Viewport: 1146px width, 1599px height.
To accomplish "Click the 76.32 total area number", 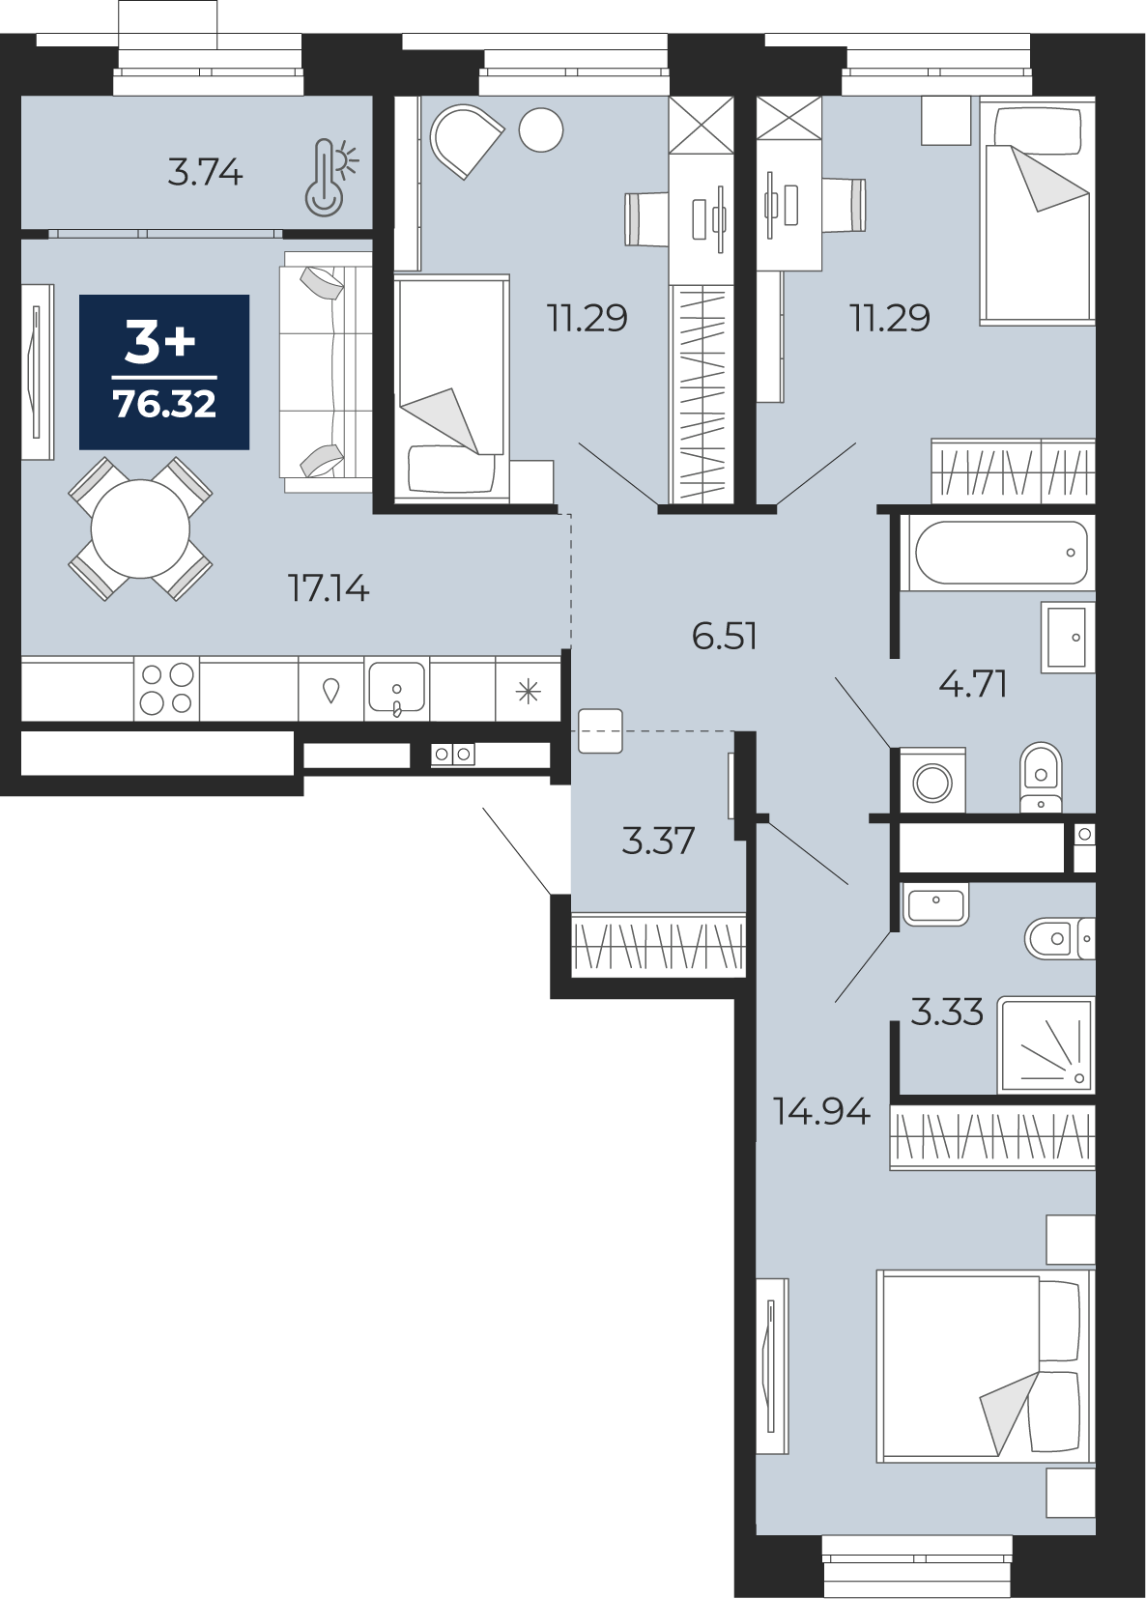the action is [x=164, y=405].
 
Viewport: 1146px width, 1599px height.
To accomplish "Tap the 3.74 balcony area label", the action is [x=206, y=173].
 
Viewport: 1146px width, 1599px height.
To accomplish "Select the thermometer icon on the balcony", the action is [x=330, y=177].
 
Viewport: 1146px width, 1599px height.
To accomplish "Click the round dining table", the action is [x=141, y=528].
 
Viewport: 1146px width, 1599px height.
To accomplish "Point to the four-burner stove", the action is [x=166, y=688].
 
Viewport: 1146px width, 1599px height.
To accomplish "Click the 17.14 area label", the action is [x=329, y=588].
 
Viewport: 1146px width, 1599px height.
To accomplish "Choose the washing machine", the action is [x=932, y=781].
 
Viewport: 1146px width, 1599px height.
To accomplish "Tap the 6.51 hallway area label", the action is [x=724, y=636].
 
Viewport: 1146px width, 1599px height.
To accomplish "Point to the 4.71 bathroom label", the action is [x=972, y=685].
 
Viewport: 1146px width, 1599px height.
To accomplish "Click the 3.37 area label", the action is [x=658, y=841].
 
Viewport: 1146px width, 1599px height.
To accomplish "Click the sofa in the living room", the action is [x=326, y=371].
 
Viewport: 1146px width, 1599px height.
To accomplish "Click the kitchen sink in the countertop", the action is [x=397, y=688].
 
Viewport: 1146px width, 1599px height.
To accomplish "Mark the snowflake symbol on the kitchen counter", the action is [x=529, y=691].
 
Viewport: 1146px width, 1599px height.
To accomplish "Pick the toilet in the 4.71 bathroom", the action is [x=1041, y=778].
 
